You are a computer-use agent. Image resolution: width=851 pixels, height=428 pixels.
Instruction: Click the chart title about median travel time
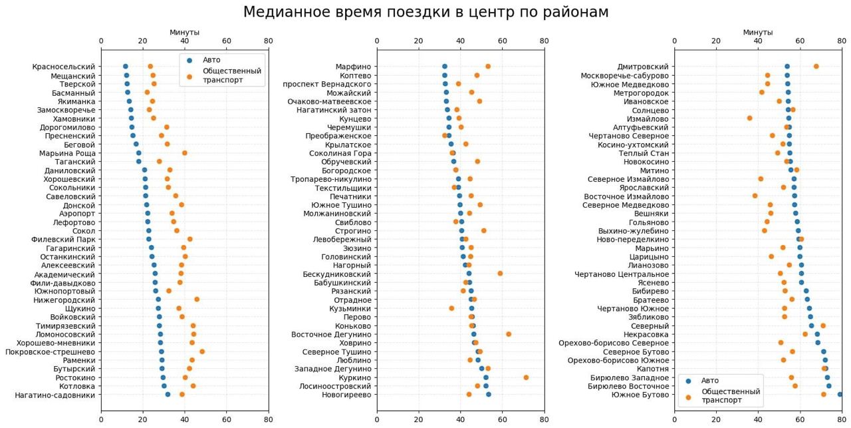point(425,13)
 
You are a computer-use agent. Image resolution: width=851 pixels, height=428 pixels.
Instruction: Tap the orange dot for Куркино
point(526,377)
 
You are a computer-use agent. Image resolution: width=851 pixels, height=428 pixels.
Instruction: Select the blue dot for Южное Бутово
point(840,395)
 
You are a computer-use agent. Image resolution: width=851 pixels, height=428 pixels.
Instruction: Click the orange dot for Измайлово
point(749,118)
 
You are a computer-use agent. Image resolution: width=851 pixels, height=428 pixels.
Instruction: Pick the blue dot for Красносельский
point(126,67)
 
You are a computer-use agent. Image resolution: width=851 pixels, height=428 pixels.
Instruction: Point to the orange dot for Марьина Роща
point(185,153)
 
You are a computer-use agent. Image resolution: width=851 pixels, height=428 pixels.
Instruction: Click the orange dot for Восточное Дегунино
point(509,334)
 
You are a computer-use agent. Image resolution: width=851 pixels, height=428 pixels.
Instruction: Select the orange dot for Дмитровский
point(816,67)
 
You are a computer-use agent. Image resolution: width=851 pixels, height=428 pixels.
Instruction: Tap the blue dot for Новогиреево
point(489,395)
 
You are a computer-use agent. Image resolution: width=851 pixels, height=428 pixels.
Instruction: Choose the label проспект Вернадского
point(327,84)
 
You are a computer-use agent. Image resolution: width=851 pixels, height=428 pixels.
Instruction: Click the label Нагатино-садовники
point(55,395)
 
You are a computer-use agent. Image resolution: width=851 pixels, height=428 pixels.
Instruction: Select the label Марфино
point(353,67)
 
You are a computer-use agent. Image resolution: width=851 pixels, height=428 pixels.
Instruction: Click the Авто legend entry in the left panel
point(211,60)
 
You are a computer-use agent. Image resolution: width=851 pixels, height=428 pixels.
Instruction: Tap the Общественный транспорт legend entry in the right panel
point(731,396)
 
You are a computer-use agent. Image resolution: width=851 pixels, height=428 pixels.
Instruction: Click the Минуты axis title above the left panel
point(184,32)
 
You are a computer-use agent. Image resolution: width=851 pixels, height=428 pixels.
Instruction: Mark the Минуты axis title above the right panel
point(758,32)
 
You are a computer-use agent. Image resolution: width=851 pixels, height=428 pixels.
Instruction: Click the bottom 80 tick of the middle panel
point(544,420)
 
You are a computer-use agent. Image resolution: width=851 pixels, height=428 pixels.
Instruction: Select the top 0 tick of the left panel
point(101,41)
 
